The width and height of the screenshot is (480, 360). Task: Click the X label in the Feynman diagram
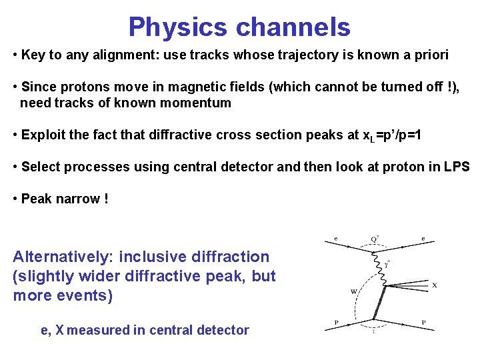[x=434, y=285]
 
